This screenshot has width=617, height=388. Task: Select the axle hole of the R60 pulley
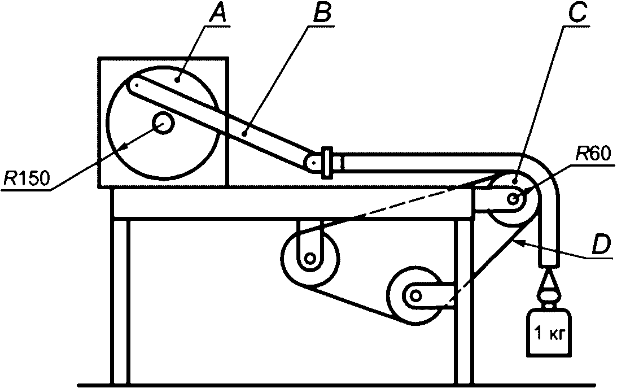pyautogui.click(x=514, y=199)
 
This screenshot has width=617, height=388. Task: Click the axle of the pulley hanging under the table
pyautogui.click(x=309, y=259)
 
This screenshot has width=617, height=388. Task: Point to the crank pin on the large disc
pyautogui.click(x=136, y=85)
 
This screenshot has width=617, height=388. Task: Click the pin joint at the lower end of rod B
pyautogui.click(x=312, y=163)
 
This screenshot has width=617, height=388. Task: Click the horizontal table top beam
pyautogui.click(x=291, y=204)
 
